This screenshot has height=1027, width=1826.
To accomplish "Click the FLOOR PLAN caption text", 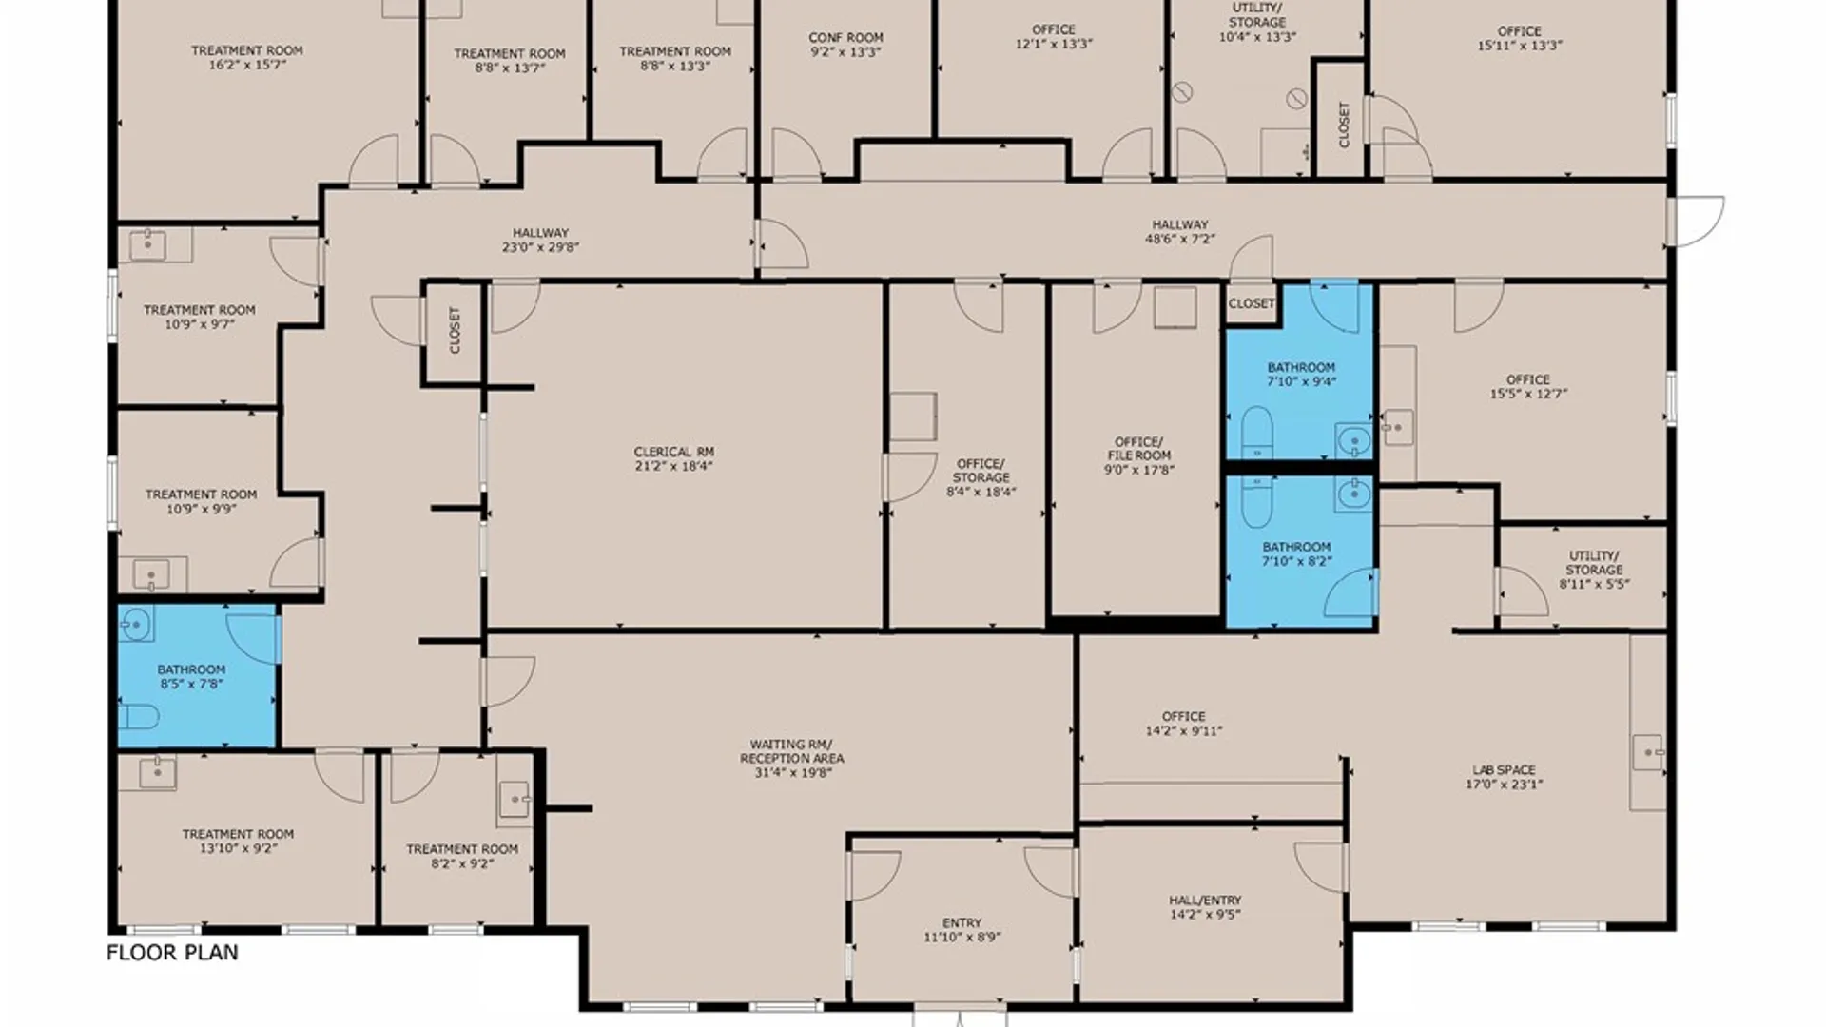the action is point(172,953).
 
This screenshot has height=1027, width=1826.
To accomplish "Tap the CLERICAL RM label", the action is point(674,452).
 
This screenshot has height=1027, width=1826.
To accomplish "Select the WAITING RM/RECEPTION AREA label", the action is point(792,751).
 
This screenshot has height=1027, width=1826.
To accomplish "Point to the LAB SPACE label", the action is point(1504,770).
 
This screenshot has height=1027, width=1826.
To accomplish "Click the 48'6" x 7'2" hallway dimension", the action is point(1180,240).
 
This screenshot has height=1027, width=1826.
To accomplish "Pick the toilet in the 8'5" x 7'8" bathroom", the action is point(139,715).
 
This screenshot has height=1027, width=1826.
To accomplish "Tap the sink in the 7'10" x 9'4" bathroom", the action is point(1352,440).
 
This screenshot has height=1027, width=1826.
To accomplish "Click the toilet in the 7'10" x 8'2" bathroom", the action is point(1256,501).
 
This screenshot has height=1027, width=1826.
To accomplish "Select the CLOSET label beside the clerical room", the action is point(455,330).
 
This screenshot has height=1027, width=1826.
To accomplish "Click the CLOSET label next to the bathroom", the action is point(1252,303).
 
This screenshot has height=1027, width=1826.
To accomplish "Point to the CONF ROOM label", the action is point(845,38).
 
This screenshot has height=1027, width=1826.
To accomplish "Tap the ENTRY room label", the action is point(962,923).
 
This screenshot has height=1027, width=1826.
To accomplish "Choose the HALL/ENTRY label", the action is point(1205,901).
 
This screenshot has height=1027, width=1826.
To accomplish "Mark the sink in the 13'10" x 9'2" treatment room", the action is point(157,772).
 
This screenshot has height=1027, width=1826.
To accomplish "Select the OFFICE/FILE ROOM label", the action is point(1138,449).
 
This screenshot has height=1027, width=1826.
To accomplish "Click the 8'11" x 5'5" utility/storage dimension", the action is point(1595,584).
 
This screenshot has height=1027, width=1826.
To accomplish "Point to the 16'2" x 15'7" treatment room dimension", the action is point(247,66).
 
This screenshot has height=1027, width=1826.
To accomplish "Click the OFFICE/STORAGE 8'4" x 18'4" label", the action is point(981,478).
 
